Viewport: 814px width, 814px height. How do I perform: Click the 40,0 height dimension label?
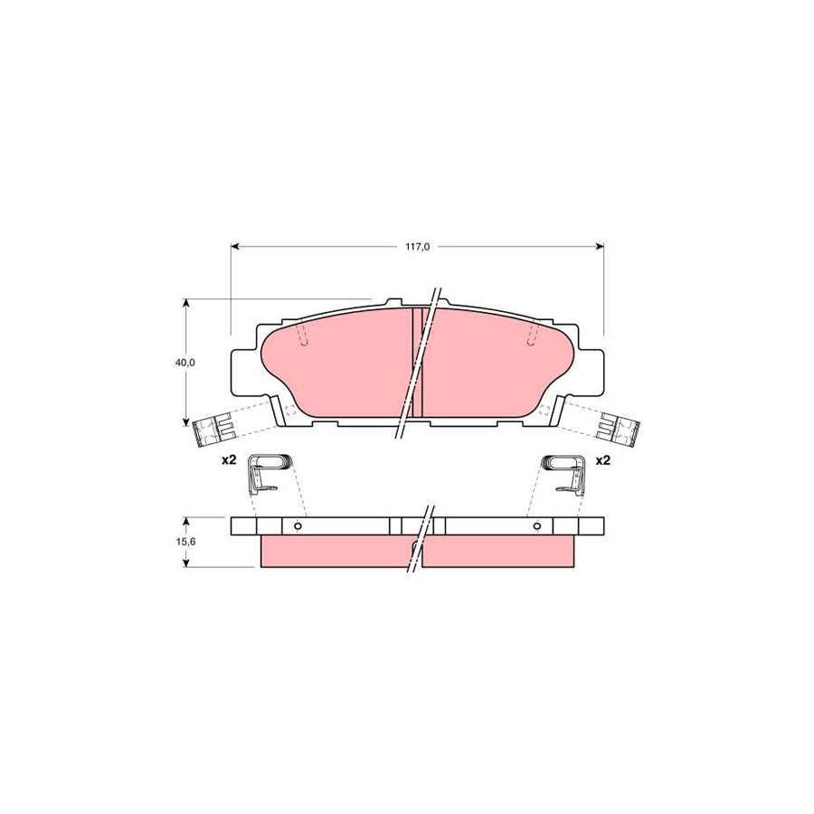click(x=185, y=362)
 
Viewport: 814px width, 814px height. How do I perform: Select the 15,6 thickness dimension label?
click(x=185, y=541)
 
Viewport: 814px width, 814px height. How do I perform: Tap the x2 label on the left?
click(x=229, y=460)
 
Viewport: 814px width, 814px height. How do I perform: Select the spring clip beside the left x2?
click(x=269, y=471)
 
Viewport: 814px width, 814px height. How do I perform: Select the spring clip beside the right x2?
click(x=563, y=471)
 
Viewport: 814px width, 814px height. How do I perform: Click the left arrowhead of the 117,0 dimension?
click(x=236, y=245)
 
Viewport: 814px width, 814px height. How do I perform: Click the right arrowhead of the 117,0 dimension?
click(x=598, y=245)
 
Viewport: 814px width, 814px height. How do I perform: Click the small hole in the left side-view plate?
click(x=296, y=526)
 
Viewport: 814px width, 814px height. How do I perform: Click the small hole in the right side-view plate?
click(x=537, y=526)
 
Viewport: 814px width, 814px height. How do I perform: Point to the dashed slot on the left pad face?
click(x=303, y=336)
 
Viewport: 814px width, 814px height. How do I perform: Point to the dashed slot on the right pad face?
click(x=532, y=336)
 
